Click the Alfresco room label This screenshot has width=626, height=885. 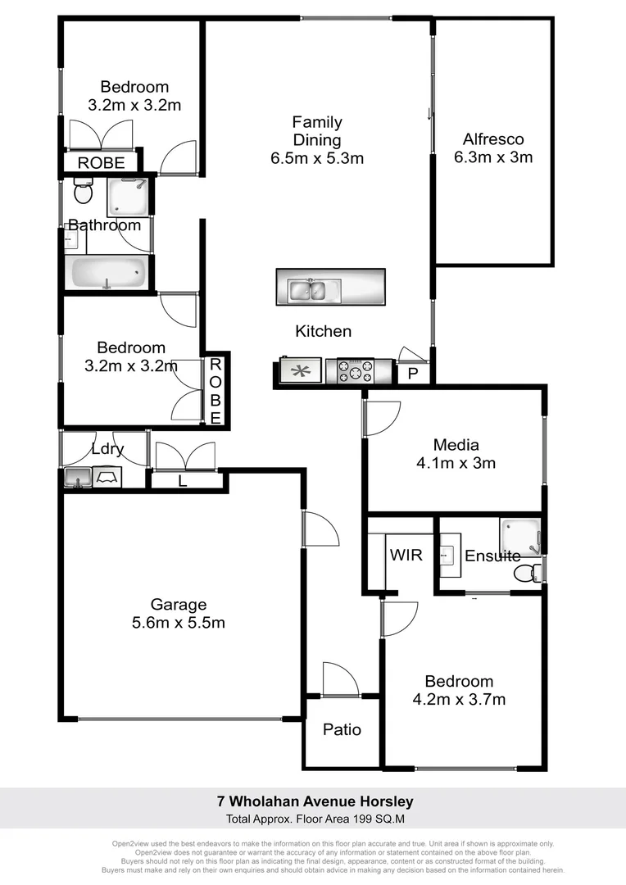click(x=492, y=139)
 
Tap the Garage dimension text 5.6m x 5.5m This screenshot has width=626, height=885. click(x=178, y=623)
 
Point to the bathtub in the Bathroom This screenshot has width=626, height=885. click(x=108, y=272)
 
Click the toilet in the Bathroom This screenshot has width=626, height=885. click(x=83, y=193)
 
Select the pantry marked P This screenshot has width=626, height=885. click(x=411, y=374)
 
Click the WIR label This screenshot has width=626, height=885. click(x=406, y=556)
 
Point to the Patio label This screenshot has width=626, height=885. click(x=342, y=729)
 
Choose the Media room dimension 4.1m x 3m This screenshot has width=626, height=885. click(x=456, y=462)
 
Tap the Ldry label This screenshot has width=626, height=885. click(x=107, y=449)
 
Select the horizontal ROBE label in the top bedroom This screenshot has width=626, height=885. click(x=101, y=164)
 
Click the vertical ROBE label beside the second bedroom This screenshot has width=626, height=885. click(x=215, y=391)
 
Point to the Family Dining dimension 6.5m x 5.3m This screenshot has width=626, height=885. click(x=317, y=158)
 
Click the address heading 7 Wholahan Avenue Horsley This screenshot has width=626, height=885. click(x=315, y=801)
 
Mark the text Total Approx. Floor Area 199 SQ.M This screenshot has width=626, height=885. click(x=315, y=819)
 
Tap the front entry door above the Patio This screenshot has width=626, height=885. click(x=341, y=680)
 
